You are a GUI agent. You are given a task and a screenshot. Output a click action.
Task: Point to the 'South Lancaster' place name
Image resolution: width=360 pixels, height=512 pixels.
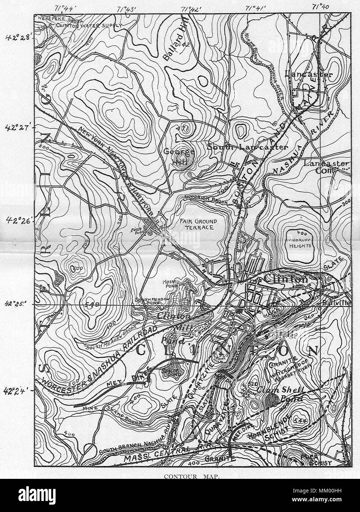coord(247,147)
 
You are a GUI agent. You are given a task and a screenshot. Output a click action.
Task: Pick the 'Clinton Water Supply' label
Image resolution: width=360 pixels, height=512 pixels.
coord(88,25)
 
